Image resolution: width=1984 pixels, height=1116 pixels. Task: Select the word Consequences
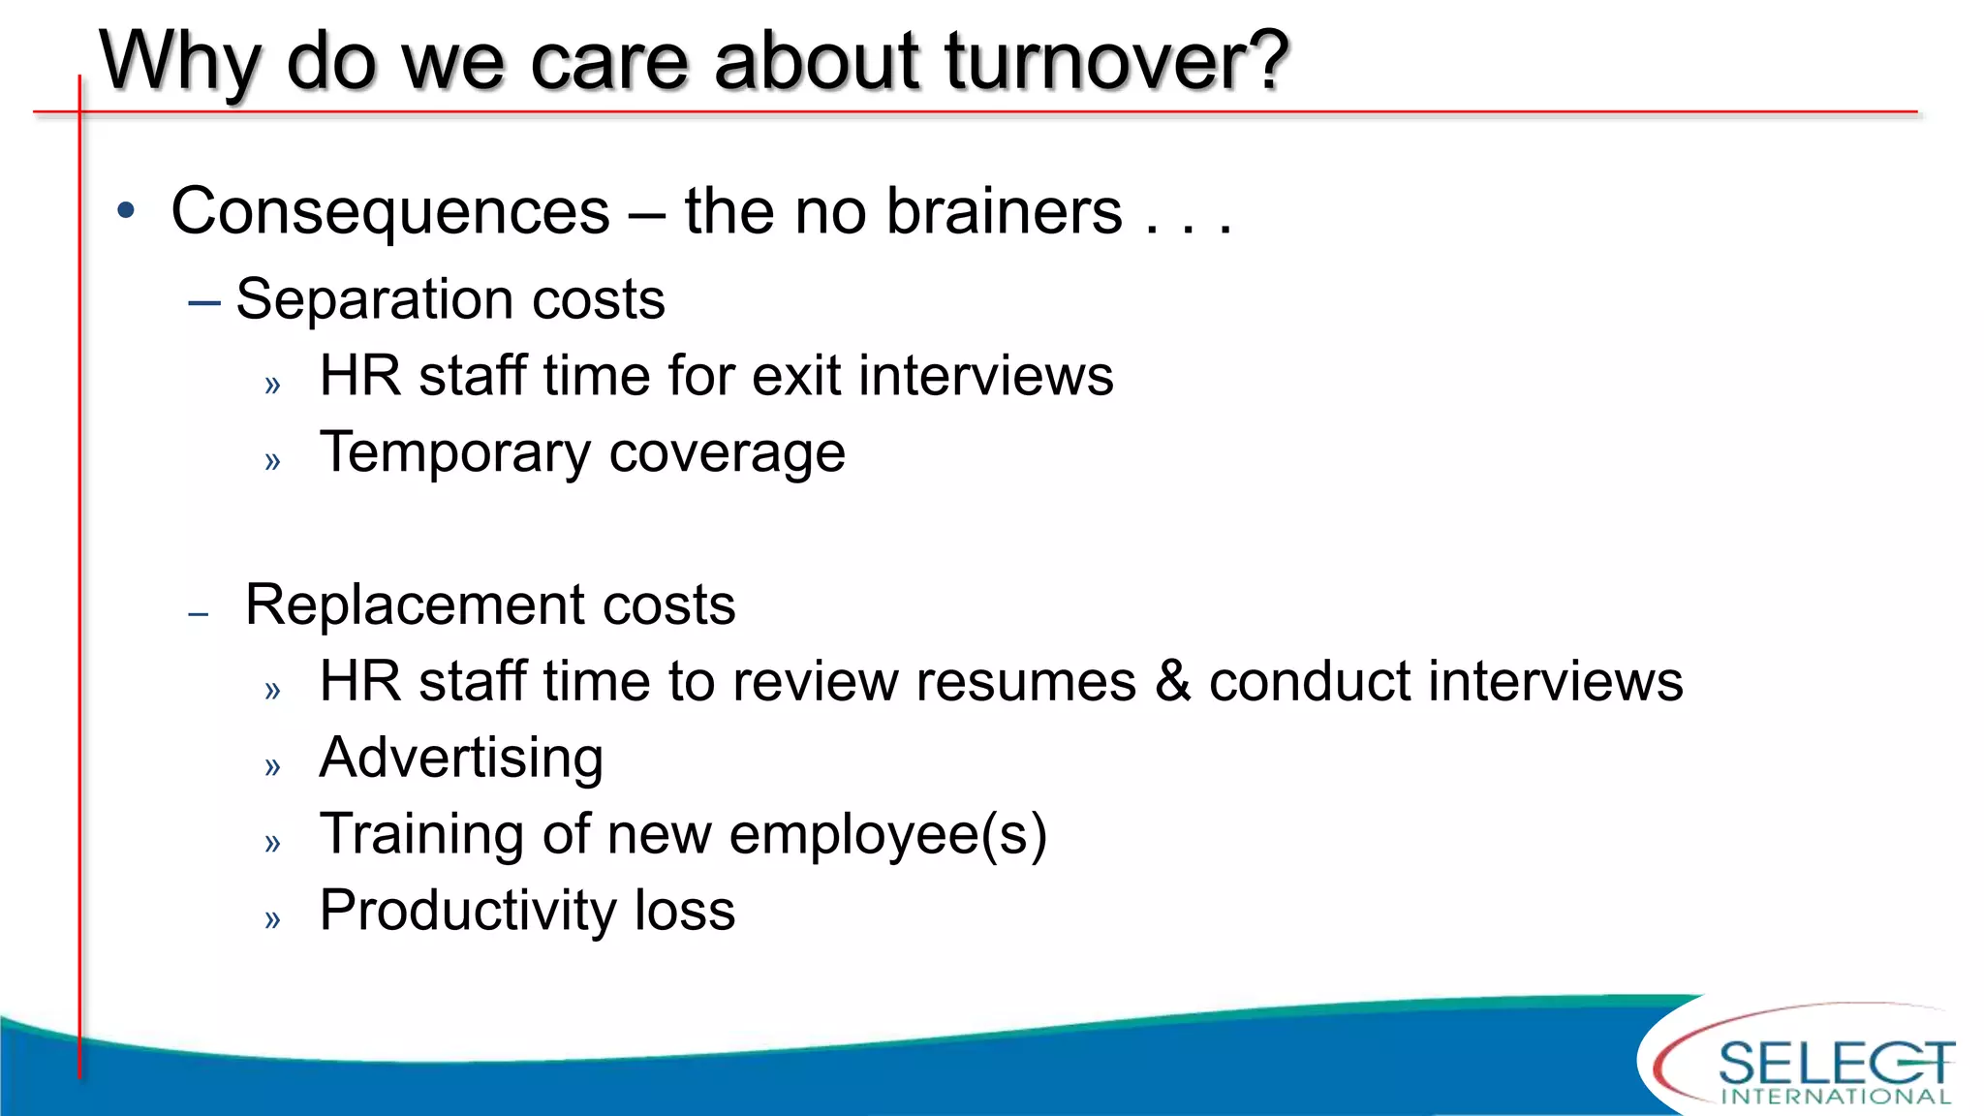(x=390, y=212)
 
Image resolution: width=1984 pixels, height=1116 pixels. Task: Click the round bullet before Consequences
(x=126, y=210)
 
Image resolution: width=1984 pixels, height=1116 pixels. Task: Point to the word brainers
(x=1004, y=211)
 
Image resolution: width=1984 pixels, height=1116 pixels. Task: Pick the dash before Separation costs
(x=204, y=302)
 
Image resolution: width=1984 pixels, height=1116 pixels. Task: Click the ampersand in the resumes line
(x=1172, y=681)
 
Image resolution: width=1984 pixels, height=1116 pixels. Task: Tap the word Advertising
(x=461, y=758)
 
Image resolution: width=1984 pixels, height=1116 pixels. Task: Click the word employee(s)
(x=887, y=835)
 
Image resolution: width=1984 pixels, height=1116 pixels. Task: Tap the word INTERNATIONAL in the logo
(x=1836, y=1097)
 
